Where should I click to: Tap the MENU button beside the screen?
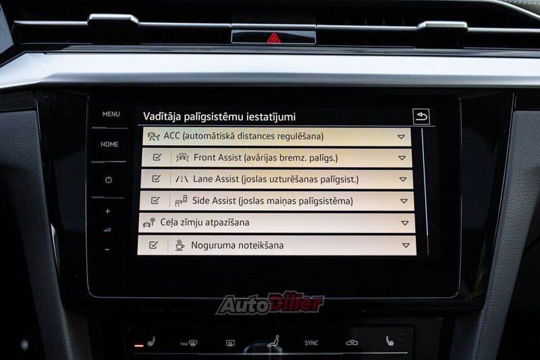111,114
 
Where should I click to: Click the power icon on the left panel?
109,180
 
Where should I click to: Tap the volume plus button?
108,211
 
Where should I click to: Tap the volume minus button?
107,249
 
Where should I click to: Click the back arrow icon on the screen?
421,116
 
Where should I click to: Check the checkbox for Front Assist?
157,157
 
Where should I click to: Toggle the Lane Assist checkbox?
157,179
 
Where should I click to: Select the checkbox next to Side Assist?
155,200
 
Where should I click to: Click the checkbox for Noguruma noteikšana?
154,245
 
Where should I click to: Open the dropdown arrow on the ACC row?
401,136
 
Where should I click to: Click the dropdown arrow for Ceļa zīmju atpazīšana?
405,224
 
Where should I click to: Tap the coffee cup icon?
180,245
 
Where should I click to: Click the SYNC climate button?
311,342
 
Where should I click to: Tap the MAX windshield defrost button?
189,343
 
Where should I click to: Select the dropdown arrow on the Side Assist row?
404,201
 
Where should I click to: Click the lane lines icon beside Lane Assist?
182,179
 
